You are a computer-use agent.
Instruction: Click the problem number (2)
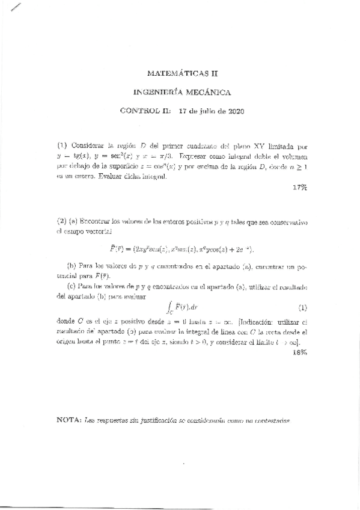(x=61, y=221)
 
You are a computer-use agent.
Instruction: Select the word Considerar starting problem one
(x=91, y=146)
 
